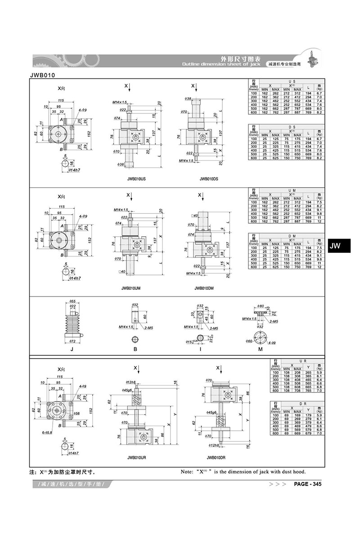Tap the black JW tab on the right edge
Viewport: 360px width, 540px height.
[336, 246]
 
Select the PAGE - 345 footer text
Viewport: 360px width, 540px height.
[307, 484]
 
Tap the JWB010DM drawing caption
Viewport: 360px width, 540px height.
[204, 288]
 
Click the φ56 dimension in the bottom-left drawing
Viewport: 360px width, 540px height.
[76, 414]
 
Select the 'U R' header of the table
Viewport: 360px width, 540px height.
[297, 361]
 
